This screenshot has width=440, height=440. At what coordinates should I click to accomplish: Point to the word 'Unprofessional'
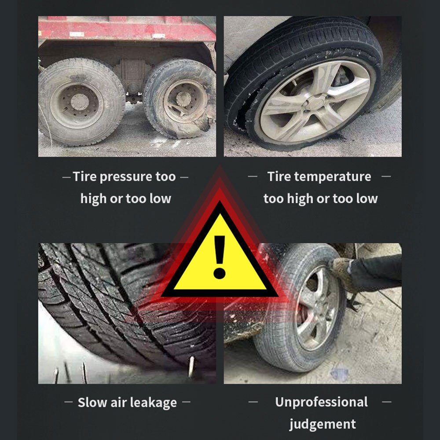[321, 402]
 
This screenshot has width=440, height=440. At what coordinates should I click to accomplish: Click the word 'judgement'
[322, 424]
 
